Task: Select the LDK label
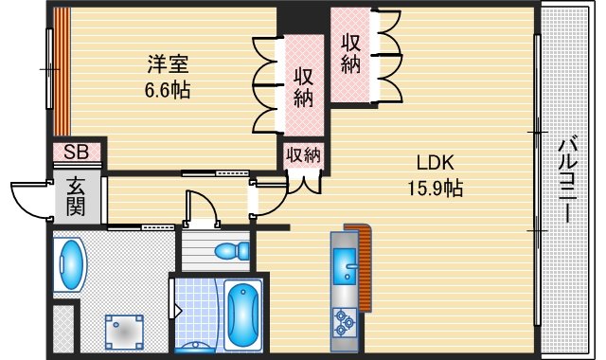point(429,161)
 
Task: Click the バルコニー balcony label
point(567,179)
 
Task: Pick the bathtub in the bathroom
point(244,313)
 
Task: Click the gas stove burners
point(342,324)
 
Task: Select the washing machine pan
point(123,331)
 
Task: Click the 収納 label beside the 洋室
point(303,87)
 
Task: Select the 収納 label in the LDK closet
point(351,53)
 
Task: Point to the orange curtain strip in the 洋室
point(61,72)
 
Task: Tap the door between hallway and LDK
point(268,197)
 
